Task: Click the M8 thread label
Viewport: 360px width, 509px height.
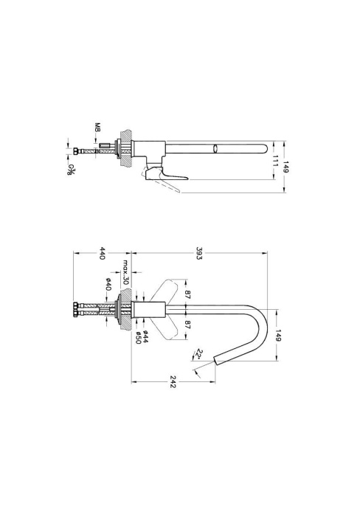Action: click(x=97, y=127)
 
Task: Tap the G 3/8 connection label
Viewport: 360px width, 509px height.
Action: click(x=71, y=169)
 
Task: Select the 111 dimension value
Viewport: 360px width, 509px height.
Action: click(x=275, y=160)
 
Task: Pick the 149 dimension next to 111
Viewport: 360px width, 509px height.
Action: click(x=286, y=166)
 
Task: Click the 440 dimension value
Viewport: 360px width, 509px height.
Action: click(x=102, y=253)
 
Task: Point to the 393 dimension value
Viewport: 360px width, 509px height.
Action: click(x=199, y=253)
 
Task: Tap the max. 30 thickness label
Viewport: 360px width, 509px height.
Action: click(x=126, y=272)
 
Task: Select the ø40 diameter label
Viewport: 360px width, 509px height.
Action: click(x=108, y=284)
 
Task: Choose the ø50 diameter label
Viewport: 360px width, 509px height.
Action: click(x=138, y=338)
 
